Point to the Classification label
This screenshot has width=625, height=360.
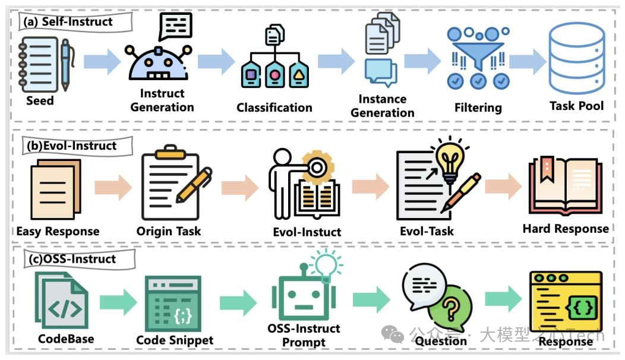click(x=274, y=108)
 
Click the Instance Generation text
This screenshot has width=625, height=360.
click(x=383, y=106)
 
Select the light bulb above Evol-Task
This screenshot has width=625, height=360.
click(x=450, y=156)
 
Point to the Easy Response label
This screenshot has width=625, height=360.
click(x=58, y=231)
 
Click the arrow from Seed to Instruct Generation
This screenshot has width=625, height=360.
click(x=102, y=62)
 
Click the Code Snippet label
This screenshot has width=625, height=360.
click(x=175, y=340)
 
